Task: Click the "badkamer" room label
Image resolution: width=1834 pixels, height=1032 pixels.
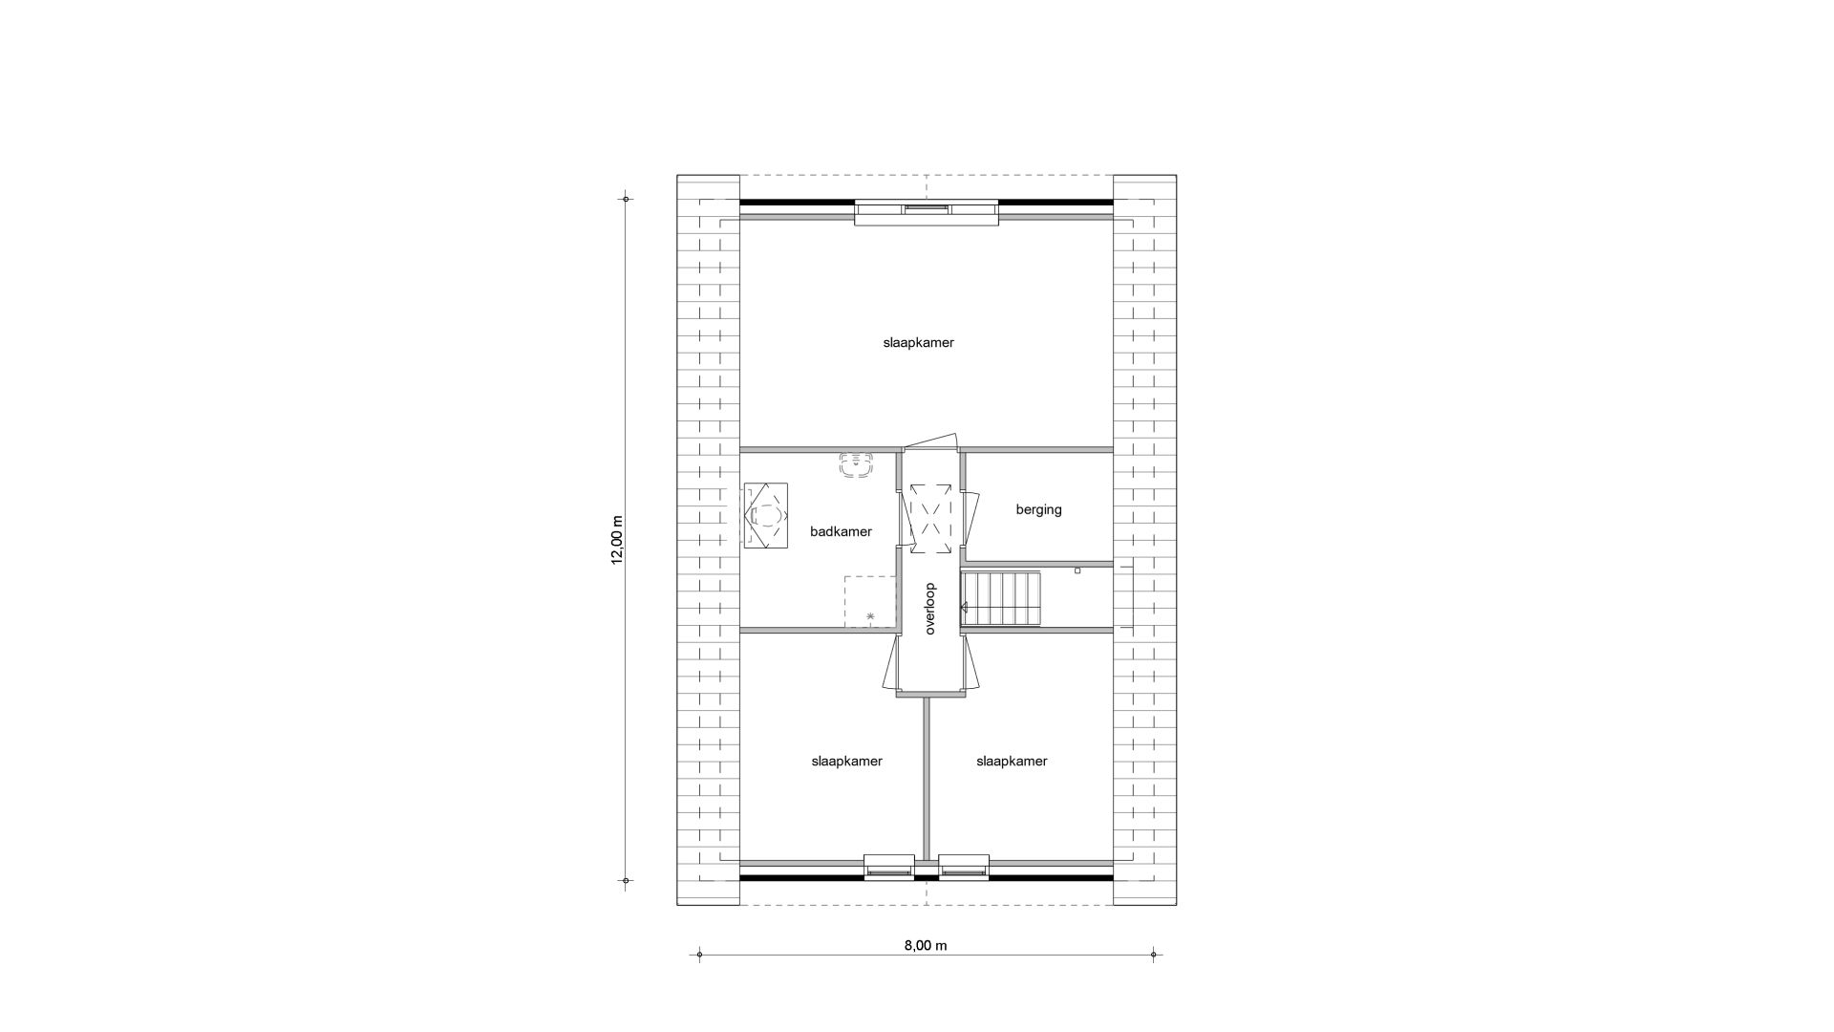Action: coord(841,531)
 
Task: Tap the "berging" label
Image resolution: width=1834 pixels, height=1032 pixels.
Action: coord(1038,510)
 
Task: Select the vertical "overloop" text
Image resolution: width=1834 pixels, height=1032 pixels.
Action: coord(929,610)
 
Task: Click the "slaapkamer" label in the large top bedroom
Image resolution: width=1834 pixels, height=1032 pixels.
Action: coord(918,342)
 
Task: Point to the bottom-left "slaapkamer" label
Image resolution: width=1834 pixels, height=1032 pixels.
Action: coord(846,762)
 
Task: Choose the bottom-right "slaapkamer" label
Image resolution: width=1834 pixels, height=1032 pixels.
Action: coord(1012,762)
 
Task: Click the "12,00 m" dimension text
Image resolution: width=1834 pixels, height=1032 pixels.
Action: coord(617,541)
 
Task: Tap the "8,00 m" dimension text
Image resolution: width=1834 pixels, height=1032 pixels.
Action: coord(926,946)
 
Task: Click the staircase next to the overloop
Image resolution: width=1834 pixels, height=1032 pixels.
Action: coord(1000,599)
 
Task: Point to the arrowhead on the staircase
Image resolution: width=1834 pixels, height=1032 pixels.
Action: coord(965,607)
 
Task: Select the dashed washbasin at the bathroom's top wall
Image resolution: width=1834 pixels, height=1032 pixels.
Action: coord(857,465)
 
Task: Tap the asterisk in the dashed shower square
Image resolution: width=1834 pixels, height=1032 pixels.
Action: coord(870,617)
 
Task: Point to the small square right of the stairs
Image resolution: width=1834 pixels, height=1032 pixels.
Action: coord(1077,570)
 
